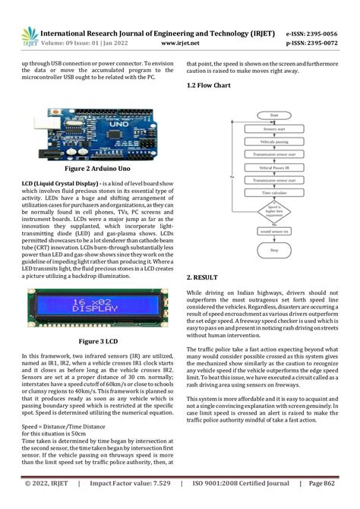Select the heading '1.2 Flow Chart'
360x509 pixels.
[210, 87]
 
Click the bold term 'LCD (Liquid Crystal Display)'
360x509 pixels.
[59, 184]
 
